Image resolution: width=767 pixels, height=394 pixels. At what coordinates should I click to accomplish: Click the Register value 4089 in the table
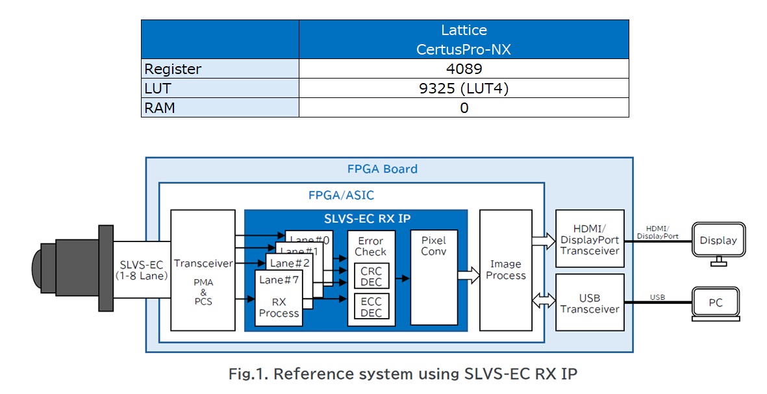(464, 68)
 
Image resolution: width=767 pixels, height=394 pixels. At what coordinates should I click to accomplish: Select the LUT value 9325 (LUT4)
(464, 88)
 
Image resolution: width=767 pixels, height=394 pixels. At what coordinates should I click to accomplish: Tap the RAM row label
(160, 108)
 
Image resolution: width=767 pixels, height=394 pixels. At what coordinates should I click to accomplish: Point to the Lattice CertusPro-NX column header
(464, 40)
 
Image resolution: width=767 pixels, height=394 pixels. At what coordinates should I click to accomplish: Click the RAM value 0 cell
(464, 108)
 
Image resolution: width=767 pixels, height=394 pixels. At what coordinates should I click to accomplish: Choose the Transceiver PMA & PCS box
(203, 270)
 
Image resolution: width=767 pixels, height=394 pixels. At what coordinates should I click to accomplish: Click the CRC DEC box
(371, 276)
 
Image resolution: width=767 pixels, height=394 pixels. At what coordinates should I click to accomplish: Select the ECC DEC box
(371, 306)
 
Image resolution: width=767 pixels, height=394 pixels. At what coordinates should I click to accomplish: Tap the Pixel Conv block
(434, 277)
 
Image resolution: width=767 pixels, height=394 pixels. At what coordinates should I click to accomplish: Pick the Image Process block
(505, 270)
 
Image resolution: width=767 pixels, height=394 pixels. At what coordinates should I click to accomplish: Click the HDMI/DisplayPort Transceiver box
(590, 238)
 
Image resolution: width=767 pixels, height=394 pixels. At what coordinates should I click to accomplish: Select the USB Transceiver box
(590, 302)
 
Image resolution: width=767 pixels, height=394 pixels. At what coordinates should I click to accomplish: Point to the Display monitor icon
(718, 241)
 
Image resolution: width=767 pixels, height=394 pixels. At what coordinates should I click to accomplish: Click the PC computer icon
(715, 303)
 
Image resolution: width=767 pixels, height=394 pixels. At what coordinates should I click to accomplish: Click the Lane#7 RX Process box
(279, 298)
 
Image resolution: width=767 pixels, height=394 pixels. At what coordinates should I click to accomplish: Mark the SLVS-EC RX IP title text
(356, 218)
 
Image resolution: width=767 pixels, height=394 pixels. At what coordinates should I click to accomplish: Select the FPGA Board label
(383, 169)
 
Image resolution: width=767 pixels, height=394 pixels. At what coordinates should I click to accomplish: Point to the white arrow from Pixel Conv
(468, 276)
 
